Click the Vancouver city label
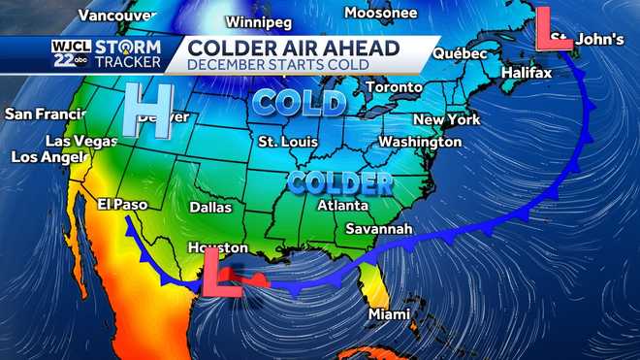point(116,16)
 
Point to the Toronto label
point(394,86)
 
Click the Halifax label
point(527,74)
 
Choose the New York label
point(446,119)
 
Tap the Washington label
point(420,141)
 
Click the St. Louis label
point(288,142)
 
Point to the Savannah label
point(380,230)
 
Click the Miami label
point(389,314)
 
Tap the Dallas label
point(211,207)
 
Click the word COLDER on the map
point(339,181)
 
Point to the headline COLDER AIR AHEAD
point(293,48)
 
